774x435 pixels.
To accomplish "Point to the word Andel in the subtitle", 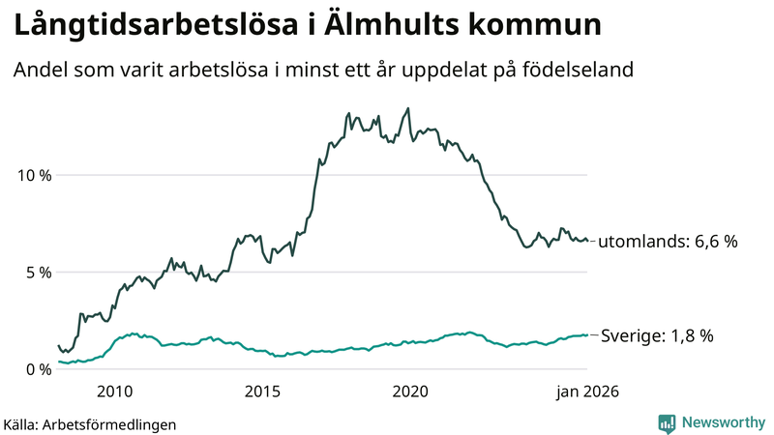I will [x=38, y=71].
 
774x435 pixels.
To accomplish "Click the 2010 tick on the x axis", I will [x=114, y=391].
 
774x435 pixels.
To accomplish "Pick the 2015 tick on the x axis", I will [x=262, y=391].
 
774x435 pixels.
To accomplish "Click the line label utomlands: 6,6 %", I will [x=668, y=242].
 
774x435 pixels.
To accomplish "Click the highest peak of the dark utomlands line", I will [x=407, y=108].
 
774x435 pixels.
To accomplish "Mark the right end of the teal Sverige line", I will [x=586, y=334].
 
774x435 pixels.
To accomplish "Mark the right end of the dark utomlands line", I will [x=586, y=241].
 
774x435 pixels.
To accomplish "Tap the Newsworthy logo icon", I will [x=667, y=422].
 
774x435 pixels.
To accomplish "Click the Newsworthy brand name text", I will [x=721, y=422].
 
